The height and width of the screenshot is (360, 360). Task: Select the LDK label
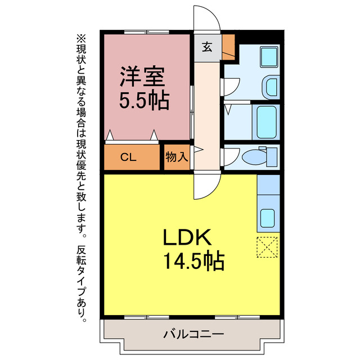click(x=187, y=238)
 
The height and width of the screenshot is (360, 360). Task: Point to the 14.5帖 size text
click(x=194, y=261)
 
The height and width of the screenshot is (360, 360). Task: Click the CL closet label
click(x=128, y=157)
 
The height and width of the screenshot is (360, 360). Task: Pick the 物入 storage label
click(x=176, y=157)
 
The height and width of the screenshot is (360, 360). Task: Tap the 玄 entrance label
click(x=207, y=47)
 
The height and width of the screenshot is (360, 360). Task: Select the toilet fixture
click(x=262, y=156)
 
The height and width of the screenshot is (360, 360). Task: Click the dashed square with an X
click(x=267, y=247)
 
